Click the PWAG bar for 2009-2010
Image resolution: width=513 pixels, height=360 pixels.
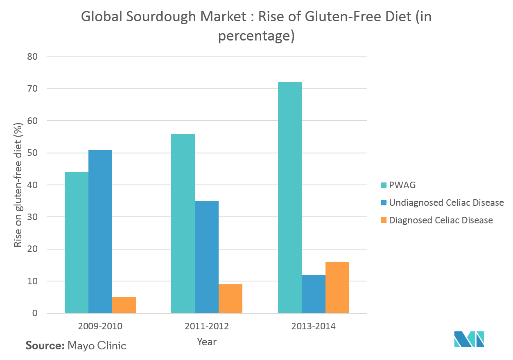pos(77,243)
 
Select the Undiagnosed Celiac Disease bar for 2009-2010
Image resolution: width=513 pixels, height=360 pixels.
pos(100,232)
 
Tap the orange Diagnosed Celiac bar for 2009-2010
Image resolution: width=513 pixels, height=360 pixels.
pos(124,305)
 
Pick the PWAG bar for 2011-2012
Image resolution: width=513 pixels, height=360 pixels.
pos(183,223)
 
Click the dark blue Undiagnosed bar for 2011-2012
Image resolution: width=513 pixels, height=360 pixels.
pos(207,257)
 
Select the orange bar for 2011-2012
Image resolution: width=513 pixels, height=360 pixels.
pos(231,299)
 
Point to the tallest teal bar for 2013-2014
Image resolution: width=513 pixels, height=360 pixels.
pos(290,198)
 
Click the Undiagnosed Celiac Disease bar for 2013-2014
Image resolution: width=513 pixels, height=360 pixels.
pos(314,294)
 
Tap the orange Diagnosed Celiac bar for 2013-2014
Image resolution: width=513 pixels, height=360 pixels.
pos(337,288)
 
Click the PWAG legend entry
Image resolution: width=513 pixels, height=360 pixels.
pos(402,185)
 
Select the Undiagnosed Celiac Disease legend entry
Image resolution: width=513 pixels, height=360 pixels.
pos(446,203)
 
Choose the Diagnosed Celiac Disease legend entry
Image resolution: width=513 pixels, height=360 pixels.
pos(441,220)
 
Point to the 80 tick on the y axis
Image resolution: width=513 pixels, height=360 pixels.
pos(33,56)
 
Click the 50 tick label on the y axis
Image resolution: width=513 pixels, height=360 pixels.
pos(33,153)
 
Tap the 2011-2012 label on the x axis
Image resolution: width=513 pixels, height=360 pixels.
pos(207,326)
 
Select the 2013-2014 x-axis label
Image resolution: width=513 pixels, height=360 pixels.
pos(314,326)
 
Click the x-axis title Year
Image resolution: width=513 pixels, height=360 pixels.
pos(207,341)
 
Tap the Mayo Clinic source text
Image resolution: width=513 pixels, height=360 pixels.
pos(97,345)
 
